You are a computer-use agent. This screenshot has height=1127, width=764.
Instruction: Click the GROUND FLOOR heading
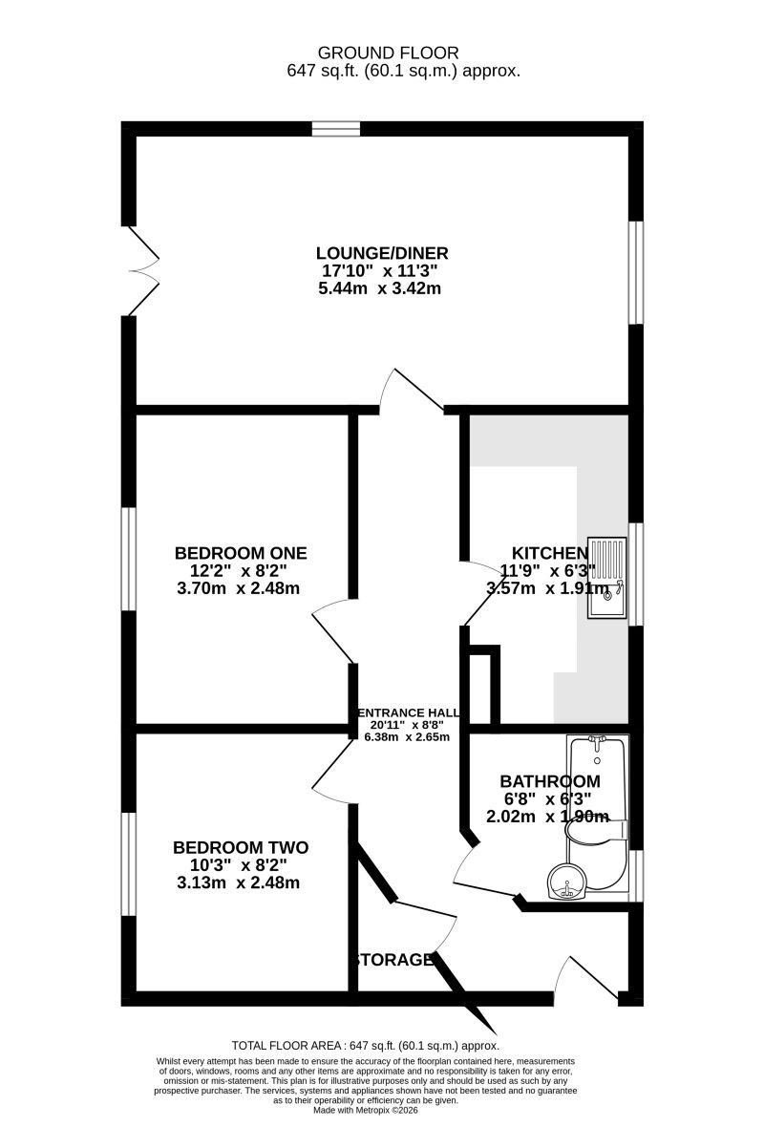[388, 53]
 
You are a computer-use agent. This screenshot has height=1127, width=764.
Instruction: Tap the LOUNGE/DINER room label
[382, 253]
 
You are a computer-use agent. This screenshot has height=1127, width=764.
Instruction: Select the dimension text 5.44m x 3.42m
[379, 288]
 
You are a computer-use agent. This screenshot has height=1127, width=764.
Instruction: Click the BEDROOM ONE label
[241, 553]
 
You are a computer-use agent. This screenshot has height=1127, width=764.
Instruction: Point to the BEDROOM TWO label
[241, 847]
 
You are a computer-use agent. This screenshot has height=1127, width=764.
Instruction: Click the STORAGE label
[393, 959]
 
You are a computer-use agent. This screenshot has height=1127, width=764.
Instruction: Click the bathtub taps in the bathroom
[597, 741]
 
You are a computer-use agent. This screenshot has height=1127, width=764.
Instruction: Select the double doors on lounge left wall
[143, 271]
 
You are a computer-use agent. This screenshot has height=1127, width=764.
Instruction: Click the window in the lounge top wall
[335, 129]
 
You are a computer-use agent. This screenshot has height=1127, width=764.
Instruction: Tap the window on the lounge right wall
[635, 272]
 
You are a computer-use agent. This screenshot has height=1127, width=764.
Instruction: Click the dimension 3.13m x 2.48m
[239, 882]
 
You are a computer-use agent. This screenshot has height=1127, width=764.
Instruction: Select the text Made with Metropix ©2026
[367, 1110]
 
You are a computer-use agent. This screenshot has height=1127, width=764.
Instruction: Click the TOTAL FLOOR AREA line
[366, 1046]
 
